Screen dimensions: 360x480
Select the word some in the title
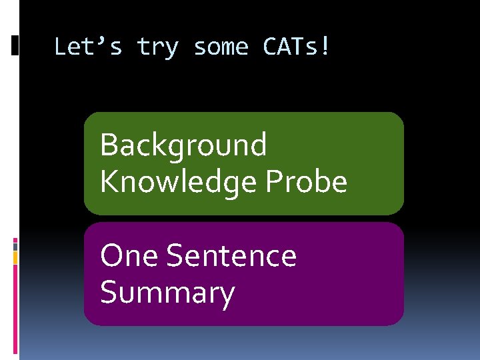click(x=221, y=47)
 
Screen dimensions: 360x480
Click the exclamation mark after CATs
click(x=325, y=47)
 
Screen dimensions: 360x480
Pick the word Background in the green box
click(x=183, y=145)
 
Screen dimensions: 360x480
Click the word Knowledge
click(x=179, y=181)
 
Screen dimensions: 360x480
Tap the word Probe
click(x=307, y=181)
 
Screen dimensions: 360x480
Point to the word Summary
click(x=167, y=293)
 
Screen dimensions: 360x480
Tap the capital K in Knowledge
click(x=108, y=181)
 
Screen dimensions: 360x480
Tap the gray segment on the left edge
click(x=15, y=245)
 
